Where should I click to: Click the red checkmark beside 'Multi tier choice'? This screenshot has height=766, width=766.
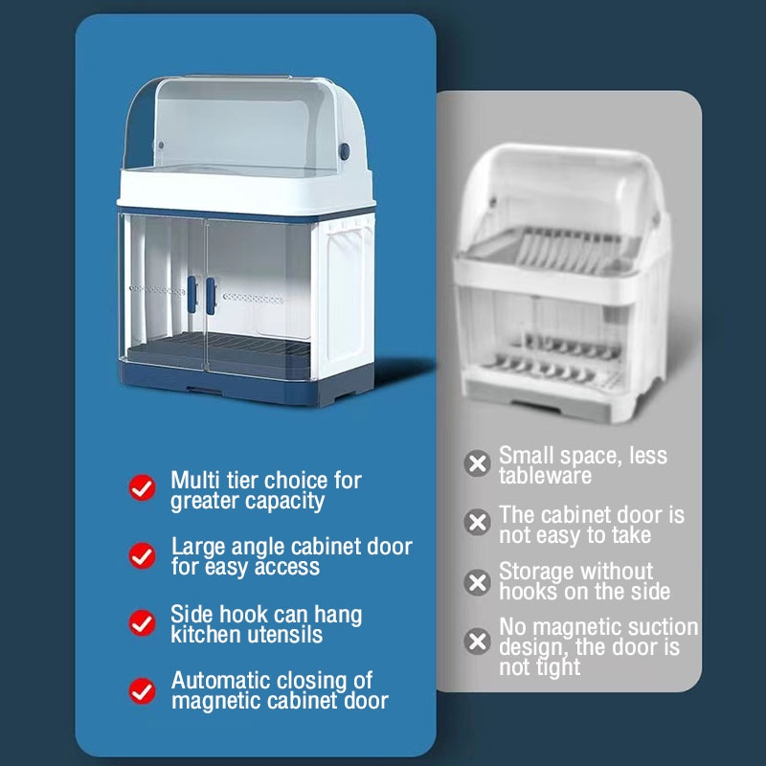click(142, 487)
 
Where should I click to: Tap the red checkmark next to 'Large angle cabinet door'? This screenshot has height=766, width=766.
click(142, 555)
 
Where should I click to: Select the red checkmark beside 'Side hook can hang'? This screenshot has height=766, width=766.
click(142, 623)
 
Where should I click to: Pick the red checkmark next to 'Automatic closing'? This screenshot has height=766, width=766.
click(142, 690)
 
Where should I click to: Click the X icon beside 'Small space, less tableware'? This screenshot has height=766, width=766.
click(477, 463)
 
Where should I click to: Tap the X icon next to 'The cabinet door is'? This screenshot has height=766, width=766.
click(477, 522)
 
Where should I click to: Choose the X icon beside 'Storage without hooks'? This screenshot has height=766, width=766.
click(477, 582)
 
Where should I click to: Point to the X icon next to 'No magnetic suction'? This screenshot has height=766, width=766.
click(477, 641)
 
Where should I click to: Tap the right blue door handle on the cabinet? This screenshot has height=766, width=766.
click(211, 296)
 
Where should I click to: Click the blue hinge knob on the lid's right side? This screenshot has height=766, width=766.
click(345, 151)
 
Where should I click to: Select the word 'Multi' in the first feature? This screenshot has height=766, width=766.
click(195, 481)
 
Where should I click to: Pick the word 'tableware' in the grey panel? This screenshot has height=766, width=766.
click(545, 476)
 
